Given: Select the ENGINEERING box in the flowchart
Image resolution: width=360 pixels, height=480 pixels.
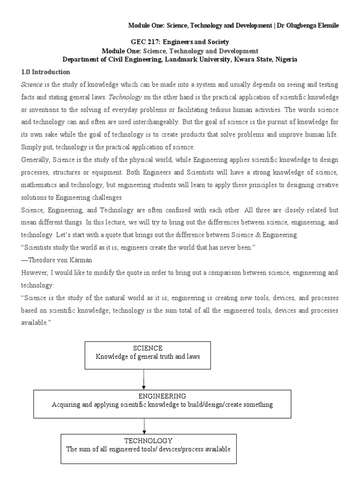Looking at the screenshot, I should coord(162,400).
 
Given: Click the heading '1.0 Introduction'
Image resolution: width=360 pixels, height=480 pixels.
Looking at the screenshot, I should coord(45,72).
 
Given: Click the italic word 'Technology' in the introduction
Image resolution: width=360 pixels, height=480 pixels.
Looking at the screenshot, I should coord(124,97).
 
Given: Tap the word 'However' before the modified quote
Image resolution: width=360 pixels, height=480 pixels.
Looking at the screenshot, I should coord(34,272).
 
